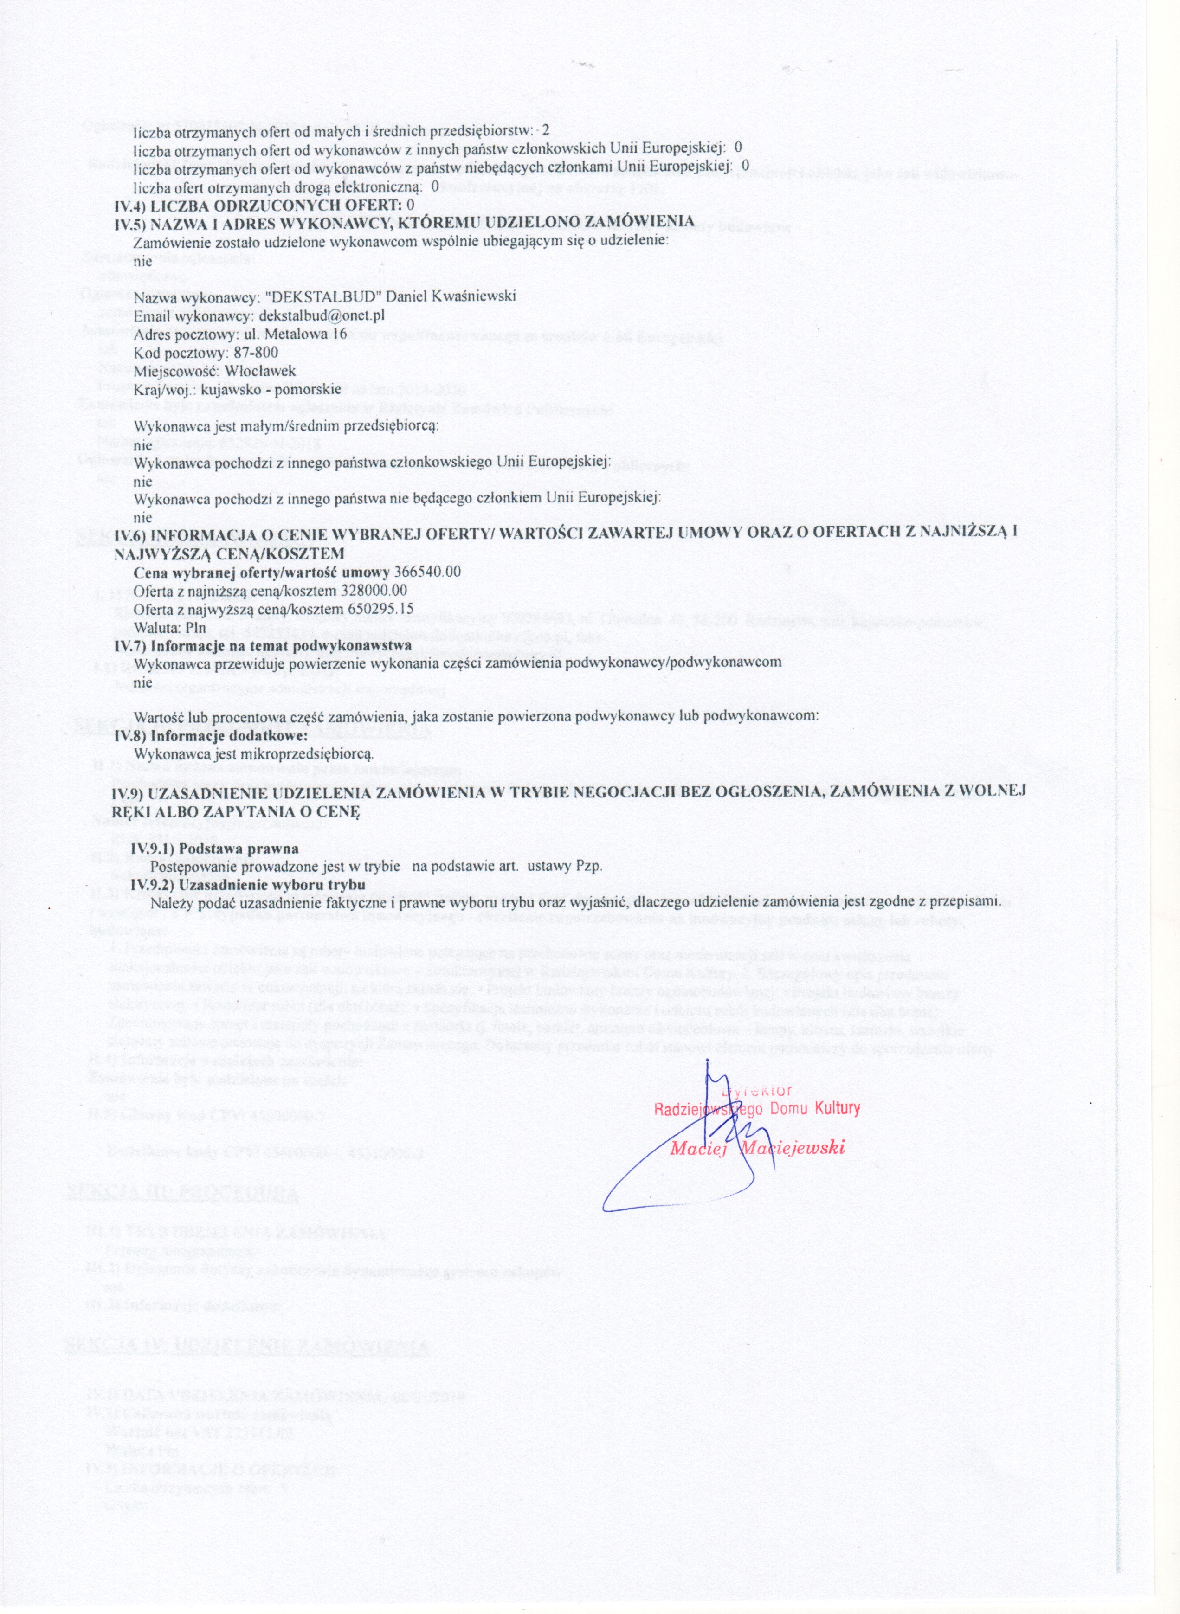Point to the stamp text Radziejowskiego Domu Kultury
(757, 1109)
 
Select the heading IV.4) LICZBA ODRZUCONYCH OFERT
(264, 205)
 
